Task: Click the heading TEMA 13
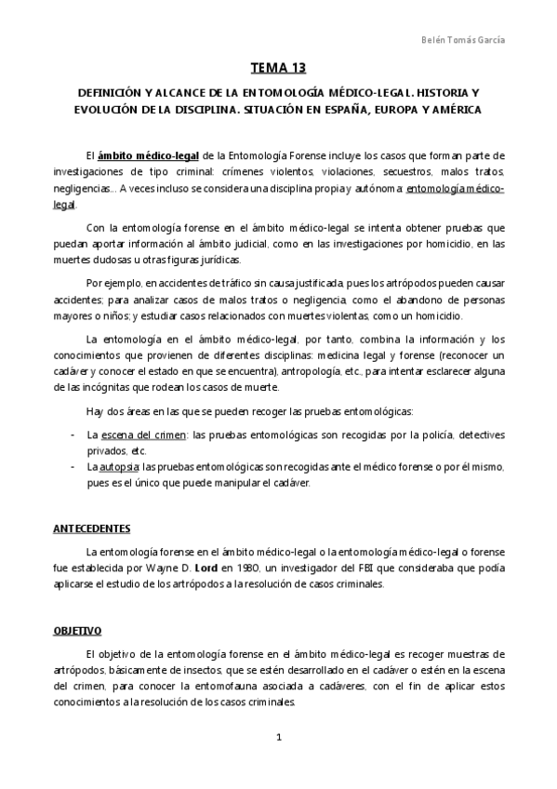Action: [x=278, y=69]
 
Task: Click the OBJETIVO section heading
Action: [x=77, y=630]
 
